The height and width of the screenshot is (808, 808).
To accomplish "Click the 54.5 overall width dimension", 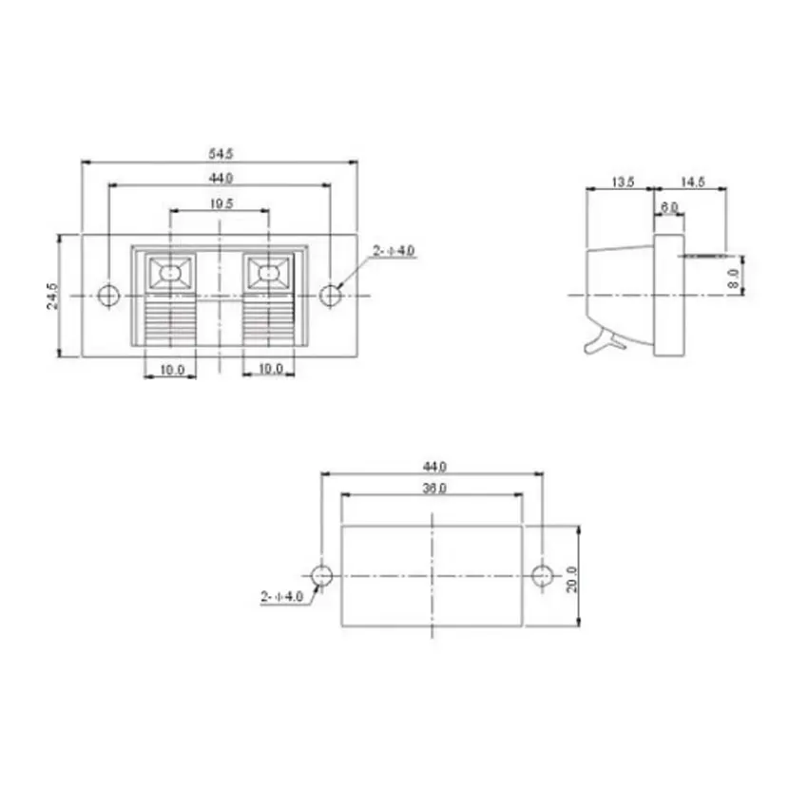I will pyautogui.click(x=220, y=152).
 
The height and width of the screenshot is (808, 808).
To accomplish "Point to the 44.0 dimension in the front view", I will pyautogui.click(x=221, y=178).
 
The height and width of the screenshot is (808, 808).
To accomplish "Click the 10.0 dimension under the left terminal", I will pyautogui.click(x=171, y=369).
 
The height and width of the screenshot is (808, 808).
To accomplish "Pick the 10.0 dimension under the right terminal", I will pyautogui.click(x=270, y=369).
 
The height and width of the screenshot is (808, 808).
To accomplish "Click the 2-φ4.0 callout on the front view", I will pyautogui.click(x=393, y=251).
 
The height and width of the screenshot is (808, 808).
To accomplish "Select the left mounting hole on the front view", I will pyautogui.click(x=110, y=296).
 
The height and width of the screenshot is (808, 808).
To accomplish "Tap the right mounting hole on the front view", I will pyautogui.click(x=330, y=296).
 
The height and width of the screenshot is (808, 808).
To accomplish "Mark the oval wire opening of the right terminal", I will pyautogui.click(x=270, y=274).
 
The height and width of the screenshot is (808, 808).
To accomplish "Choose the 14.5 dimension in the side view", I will pyautogui.click(x=692, y=181).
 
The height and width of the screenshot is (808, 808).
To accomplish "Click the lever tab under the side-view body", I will pyautogui.click(x=601, y=340).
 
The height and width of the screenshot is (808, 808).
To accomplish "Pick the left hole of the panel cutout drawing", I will pyautogui.click(x=322, y=575).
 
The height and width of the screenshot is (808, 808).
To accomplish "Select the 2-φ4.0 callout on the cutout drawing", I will pyautogui.click(x=280, y=597).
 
